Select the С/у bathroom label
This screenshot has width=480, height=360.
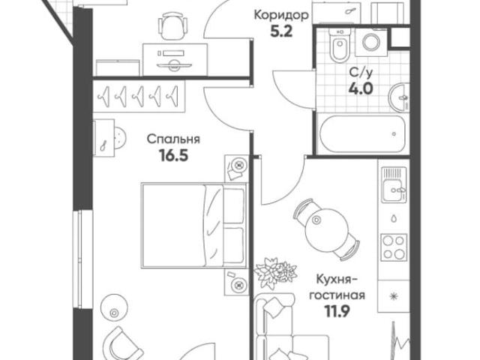pyautogui.click(x=358, y=73)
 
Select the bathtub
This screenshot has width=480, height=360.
pyautogui.click(x=362, y=136)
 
